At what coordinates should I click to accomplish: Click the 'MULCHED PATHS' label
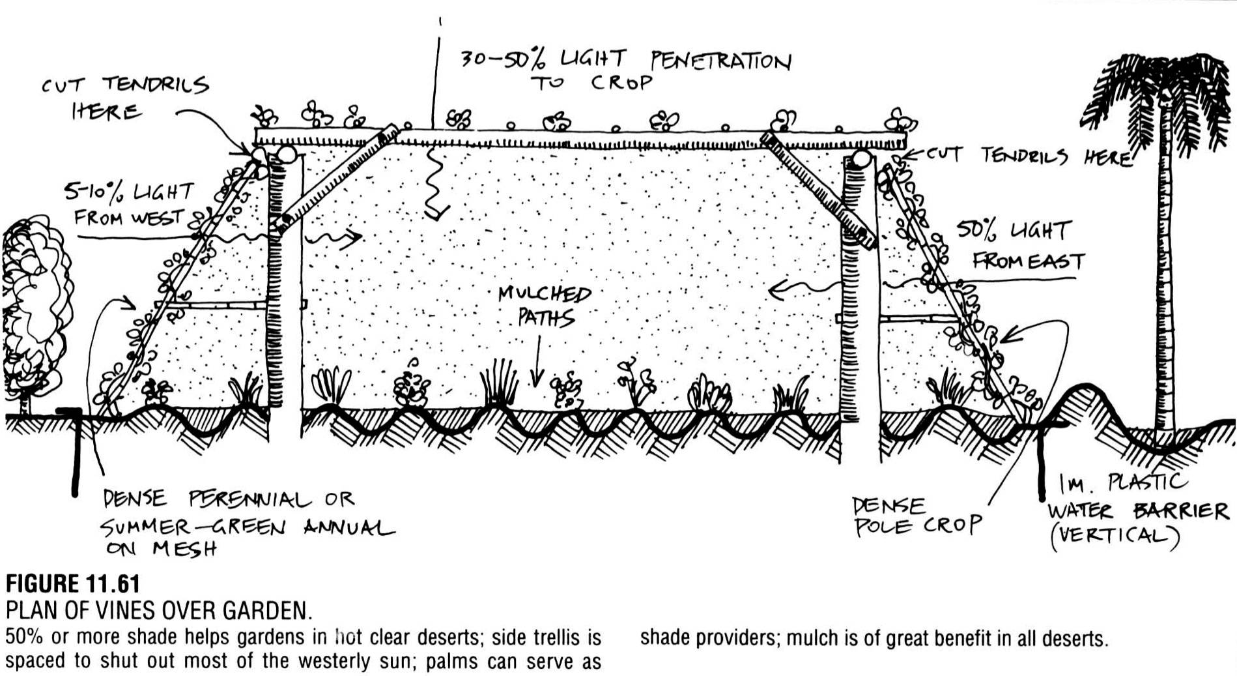(545, 305)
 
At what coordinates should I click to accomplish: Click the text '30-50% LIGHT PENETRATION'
(625, 61)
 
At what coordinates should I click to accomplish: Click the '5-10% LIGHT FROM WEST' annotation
(130, 203)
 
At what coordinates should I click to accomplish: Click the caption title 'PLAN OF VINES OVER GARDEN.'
(159, 610)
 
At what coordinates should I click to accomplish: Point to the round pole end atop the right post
(861, 160)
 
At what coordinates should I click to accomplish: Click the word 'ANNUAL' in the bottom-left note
(348, 527)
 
